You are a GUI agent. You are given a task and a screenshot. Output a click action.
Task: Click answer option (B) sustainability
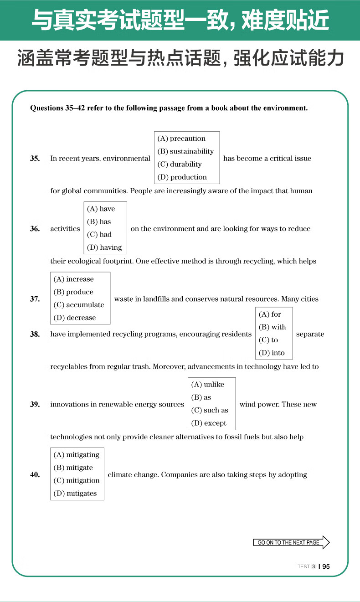(185, 151)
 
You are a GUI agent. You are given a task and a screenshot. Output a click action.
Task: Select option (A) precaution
(181, 139)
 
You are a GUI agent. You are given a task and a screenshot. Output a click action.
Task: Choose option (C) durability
(180, 164)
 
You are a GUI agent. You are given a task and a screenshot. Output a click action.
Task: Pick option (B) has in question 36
(99, 221)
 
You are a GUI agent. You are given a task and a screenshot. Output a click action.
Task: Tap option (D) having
(104, 247)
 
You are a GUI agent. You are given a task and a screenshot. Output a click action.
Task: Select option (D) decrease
(75, 318)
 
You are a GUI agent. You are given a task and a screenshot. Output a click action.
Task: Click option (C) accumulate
(79, 305)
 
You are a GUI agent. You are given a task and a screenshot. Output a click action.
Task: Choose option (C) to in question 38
(268, 340)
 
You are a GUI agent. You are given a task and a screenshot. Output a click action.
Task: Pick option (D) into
(272, 353)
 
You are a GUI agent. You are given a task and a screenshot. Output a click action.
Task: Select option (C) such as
(210, 410)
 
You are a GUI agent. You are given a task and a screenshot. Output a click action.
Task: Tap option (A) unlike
(208, 385)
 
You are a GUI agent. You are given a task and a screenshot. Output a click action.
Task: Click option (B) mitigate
(73, 468)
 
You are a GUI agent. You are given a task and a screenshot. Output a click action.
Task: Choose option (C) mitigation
(77, 480)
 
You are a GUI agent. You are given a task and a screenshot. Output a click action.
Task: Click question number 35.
(35, 159)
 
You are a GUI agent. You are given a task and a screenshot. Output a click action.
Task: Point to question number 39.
(35, 404)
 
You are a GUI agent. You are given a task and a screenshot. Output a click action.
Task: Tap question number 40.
(35, 475)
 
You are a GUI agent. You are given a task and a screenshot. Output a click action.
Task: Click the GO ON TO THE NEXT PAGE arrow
(291, 542)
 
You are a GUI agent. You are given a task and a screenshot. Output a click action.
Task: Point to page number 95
(326, 567)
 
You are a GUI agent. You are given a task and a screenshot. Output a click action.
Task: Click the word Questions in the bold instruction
(44, 108)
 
